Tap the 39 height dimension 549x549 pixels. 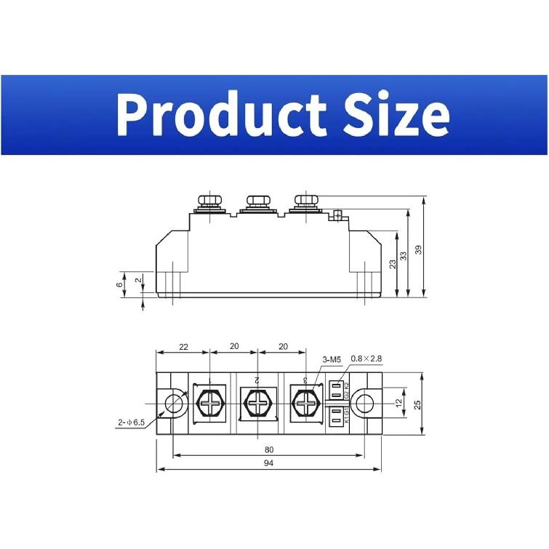[419, 249]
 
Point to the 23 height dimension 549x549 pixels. [393, 263]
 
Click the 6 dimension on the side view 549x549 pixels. [120, 284]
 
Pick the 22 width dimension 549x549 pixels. [183, 347]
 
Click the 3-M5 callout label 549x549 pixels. [330, 359]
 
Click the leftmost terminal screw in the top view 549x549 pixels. [210, 402]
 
